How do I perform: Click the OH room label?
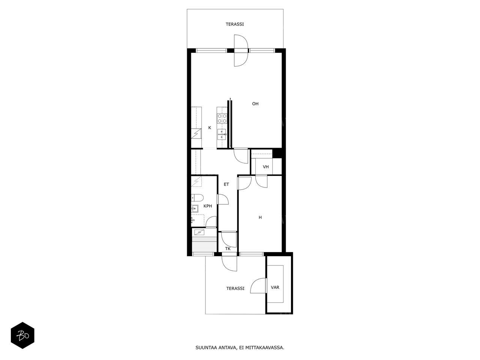pos(255,104)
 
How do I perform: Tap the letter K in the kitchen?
pos(210,128)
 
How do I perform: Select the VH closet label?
pos(266,167)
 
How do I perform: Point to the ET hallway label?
pos(226,184)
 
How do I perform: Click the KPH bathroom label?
pos(208,206)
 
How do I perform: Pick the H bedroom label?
pos(260,217)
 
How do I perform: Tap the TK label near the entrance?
pos(228,249)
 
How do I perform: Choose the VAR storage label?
pos(275,287)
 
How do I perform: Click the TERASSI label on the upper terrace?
pos(235,24)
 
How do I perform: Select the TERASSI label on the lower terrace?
pos(235,288)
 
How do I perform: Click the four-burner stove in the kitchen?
pos(222,118)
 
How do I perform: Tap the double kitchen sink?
pos(222,134)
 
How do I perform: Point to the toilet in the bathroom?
pos(197,198)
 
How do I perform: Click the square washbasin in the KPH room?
pos(195,209)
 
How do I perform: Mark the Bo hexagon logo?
pos(22,335)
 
